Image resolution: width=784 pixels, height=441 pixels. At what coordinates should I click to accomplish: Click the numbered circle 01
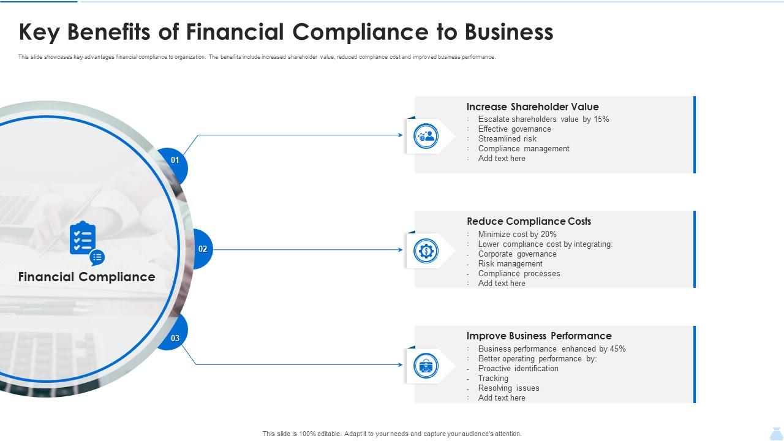tap(175, 160)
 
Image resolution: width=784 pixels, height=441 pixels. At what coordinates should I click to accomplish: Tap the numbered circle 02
tap(203, 249)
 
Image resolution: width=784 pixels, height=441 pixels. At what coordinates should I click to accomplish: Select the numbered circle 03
tap(175, 338)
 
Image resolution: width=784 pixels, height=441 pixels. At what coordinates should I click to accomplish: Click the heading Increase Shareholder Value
tap(532, 107)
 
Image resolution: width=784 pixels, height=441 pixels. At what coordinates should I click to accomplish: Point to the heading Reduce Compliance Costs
tap(529, 221)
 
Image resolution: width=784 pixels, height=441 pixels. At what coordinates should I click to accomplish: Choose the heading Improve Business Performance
tap(538, 336)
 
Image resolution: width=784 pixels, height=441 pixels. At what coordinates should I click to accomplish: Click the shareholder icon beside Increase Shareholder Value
tap(426, 135)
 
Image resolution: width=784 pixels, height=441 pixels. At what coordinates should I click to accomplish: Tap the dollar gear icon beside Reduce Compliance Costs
tap(426, 251)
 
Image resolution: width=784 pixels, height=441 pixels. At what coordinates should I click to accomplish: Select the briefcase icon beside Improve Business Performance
tap(426, 366)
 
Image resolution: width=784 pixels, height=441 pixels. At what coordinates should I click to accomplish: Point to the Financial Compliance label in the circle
tap(86, 277)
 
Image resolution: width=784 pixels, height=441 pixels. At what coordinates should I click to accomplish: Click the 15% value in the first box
tap(601, 119)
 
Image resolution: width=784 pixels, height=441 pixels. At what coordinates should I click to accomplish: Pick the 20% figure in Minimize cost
tap(549, 235)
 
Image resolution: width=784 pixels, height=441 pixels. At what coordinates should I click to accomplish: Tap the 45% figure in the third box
tap(617, 349)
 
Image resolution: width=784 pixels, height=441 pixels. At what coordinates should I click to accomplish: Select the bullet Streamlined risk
tap(507, 139)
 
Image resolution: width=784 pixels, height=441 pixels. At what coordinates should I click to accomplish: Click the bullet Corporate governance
tap(517, 254)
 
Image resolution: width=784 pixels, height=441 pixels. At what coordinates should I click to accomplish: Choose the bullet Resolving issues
tap(508, 388)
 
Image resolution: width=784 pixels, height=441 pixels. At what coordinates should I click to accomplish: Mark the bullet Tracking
tap(493, 379)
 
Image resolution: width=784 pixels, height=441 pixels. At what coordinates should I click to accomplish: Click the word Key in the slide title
tap(40, 32)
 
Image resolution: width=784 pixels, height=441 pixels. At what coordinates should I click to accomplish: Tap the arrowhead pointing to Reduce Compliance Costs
tap(400, 250)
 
